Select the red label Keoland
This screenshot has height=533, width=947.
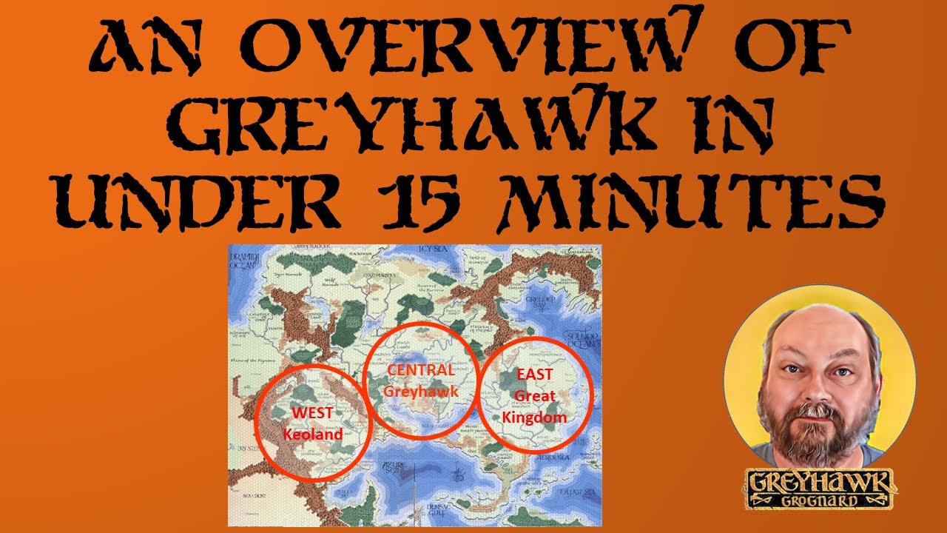click(x=313, y=434)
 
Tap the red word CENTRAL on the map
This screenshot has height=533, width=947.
click(x=419, y=370)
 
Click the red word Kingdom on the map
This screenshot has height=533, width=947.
click(x=534, y=418)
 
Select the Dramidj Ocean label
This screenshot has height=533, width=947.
click(x=244, y=263)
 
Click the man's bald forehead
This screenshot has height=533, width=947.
click(x=814, y=326)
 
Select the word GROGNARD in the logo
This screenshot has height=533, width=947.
click(x=821, y=501)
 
